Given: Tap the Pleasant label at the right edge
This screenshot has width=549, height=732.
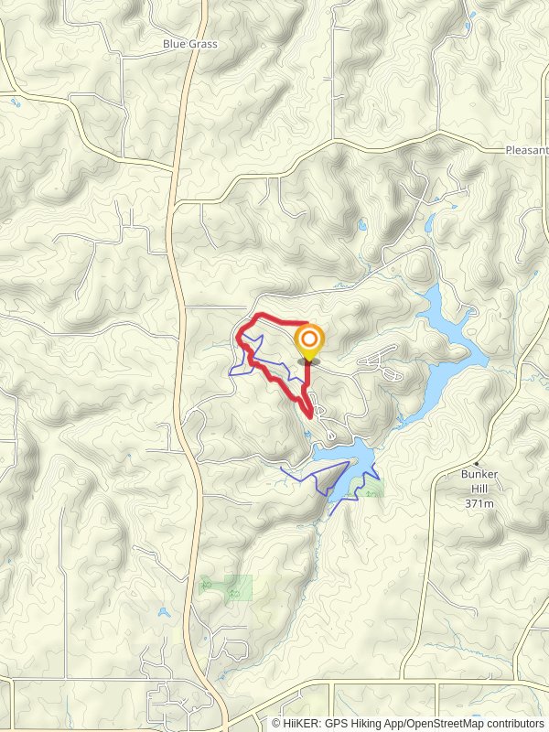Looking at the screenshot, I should pos(527,149).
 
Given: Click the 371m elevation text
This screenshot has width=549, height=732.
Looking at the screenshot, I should pos(479,503).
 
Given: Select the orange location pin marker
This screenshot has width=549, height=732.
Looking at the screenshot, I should pos(309,343).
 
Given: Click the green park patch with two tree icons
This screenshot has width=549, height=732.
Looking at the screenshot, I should pos(225,587).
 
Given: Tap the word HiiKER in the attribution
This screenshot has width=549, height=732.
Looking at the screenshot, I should pos(302,723).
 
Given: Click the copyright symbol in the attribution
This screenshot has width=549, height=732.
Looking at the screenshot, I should pos(275,723).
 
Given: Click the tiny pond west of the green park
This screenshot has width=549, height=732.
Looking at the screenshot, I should pos(162,612).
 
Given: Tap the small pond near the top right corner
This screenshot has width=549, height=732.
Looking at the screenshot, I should pos(469,17).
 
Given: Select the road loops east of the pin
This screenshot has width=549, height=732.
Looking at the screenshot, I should pos(381,363).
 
